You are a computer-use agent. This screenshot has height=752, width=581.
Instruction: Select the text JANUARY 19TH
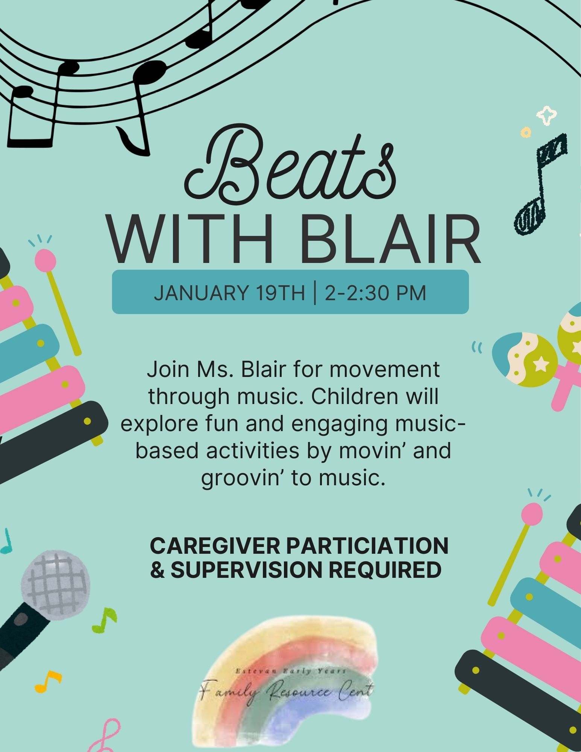pyautogui.click(x=229, y=293)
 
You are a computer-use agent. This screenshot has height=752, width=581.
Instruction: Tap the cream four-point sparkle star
pyautogui.click(x=546, y=115)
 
